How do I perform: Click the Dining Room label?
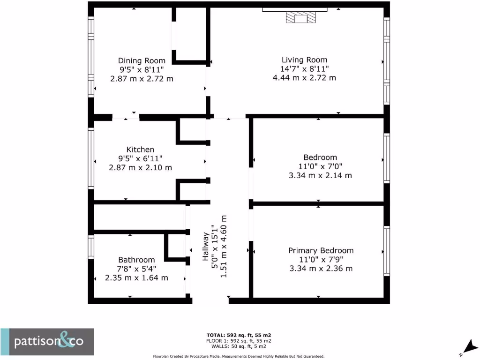pos(142,60)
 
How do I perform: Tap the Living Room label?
pos(304,60)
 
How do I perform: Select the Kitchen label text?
pos(140,150)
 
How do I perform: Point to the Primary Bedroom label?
pos(321,250)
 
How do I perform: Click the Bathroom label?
pos(136,260)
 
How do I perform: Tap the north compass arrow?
pos(468,347)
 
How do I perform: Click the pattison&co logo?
pos(47,342)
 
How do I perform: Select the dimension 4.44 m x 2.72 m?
pos(304,78)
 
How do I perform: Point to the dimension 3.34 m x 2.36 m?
pos(321,269)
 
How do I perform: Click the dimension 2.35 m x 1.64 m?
pos(136,278)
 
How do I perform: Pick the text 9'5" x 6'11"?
pos(140,158)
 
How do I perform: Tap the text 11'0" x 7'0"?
pos(320,166)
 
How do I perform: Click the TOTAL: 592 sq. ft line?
pos(239,335)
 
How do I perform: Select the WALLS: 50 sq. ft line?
pos(239,346)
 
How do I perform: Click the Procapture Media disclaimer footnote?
pos(239,356)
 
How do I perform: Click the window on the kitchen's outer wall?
pos(91,158)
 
